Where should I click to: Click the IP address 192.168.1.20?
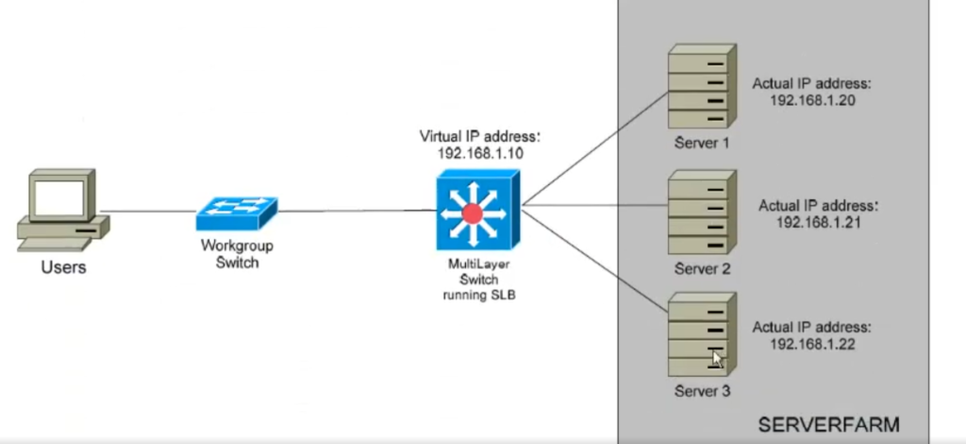(x=813, y=101)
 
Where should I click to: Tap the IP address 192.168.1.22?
(x=813, y=344)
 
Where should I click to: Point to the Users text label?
(x=63, y=267)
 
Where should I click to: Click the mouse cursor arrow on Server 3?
(x=718, y=359)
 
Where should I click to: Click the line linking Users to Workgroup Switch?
(x=151, y=212)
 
